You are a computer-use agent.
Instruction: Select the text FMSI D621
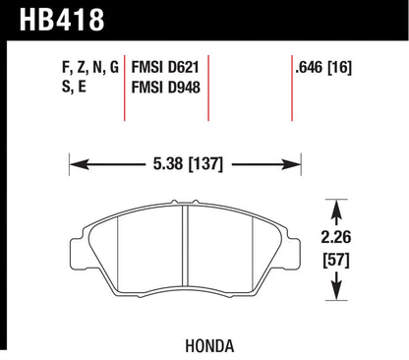(165, 68)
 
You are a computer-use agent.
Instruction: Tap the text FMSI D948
(165, 88)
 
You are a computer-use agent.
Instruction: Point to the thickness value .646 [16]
(323, 68)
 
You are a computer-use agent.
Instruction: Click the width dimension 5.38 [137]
(188, 164)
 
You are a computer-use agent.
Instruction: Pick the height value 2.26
(336, 237)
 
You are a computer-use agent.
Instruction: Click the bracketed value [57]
(336, 260)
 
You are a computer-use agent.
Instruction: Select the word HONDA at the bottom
(209, 346)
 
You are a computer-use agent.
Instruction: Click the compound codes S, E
(74, 87)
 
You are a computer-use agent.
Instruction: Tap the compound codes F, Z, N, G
(90, 67)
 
